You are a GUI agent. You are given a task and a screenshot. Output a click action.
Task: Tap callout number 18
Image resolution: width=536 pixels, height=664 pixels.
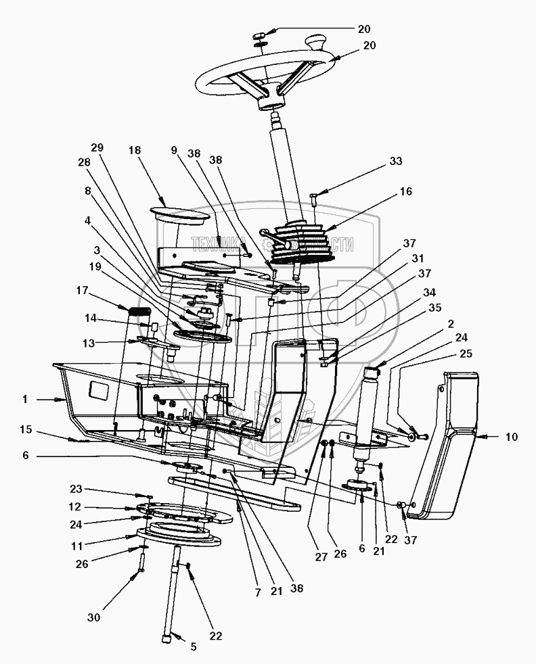pos(135,150)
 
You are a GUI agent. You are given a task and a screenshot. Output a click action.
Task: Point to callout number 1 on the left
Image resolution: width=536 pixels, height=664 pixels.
pos(24,400)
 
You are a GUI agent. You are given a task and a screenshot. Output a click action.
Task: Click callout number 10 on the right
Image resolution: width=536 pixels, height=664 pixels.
pos(510,437)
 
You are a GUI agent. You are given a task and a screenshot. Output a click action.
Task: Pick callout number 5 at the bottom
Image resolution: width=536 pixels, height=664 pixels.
pos(193,647)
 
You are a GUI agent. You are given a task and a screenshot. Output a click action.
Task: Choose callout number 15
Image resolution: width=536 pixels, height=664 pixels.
pos(24,429)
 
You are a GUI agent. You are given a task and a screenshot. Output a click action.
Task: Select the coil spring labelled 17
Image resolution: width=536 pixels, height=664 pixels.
pos(139,311)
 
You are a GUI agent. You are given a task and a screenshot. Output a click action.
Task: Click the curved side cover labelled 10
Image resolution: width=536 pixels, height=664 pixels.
pos(447,446)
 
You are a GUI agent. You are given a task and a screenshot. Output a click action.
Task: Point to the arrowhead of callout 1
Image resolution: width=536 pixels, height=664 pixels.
pos(65,400)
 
